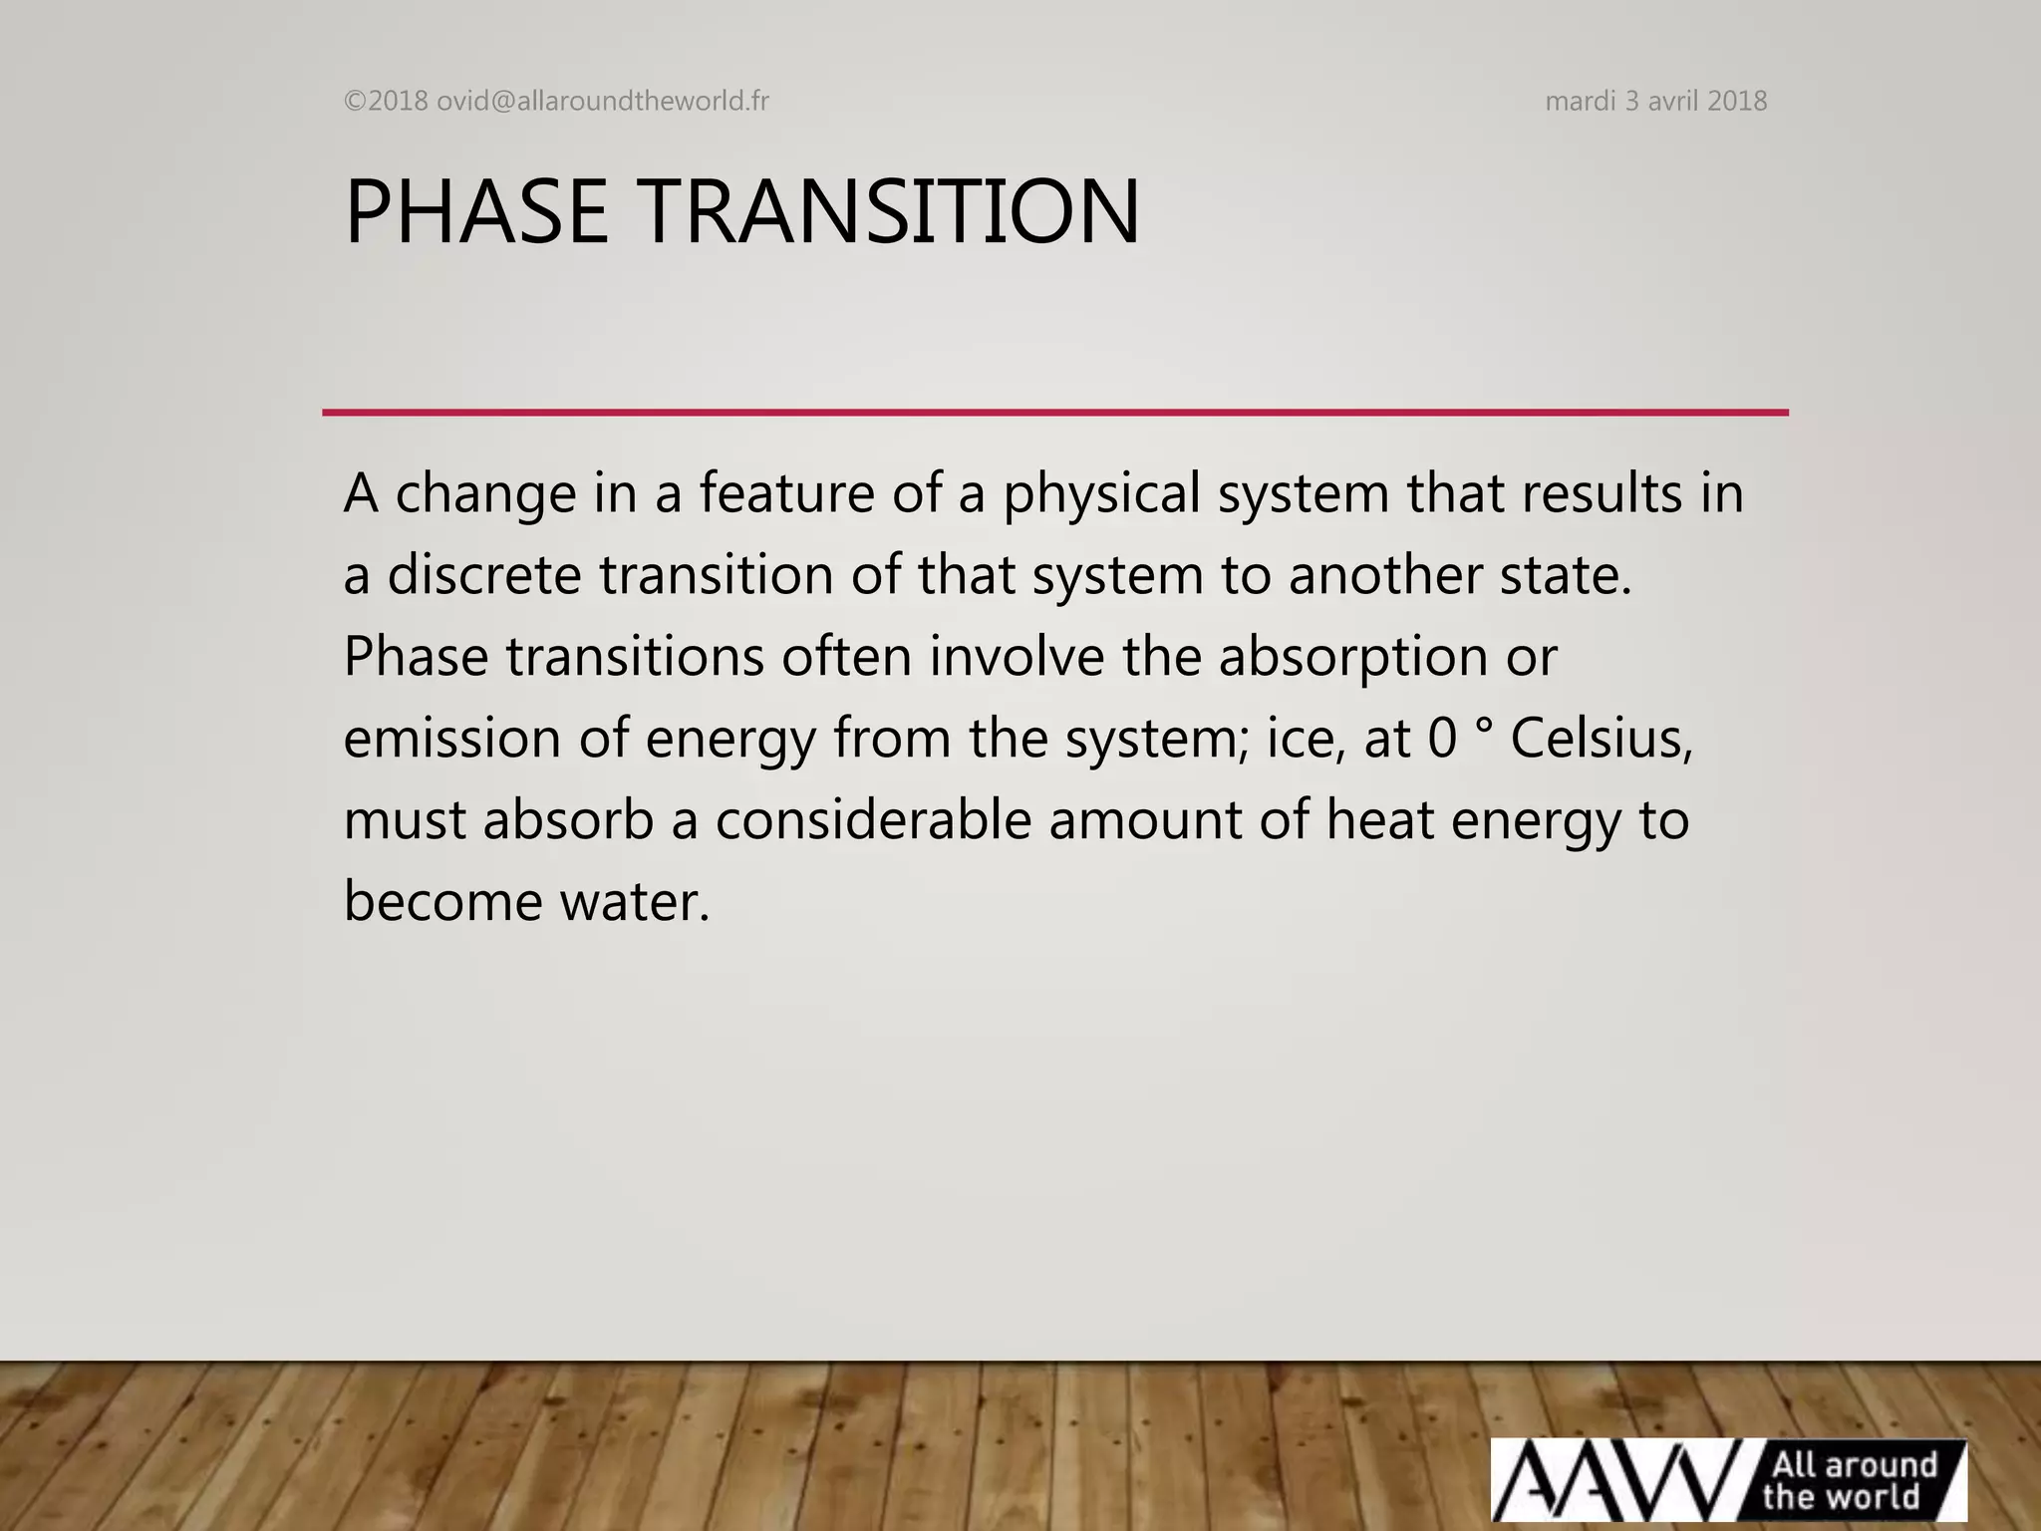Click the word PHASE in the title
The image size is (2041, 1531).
coord(475,211)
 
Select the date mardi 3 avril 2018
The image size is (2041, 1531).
coord(1655,101)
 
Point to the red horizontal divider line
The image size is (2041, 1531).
coord(1054,412)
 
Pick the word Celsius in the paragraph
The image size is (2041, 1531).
coord(1601,739)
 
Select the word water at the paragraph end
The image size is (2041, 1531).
coord(634,902)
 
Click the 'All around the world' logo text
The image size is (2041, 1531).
coord(1852,1480)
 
